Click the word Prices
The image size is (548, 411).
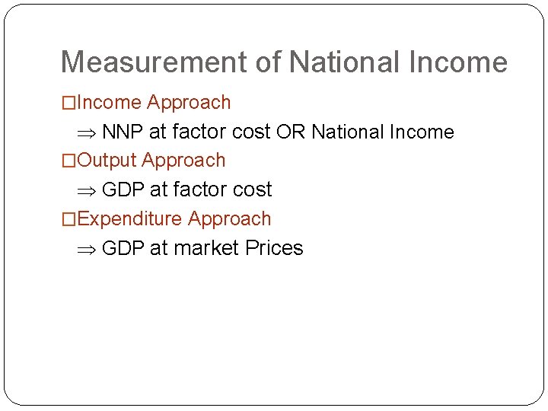(274, 248)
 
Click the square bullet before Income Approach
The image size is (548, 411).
(68, 103)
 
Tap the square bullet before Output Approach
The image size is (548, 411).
(68, 161)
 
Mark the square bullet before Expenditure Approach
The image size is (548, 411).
(68, 219)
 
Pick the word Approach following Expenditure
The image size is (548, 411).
(229, 219)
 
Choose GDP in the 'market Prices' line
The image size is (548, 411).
(123, 248)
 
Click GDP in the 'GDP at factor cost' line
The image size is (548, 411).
(123, 190)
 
